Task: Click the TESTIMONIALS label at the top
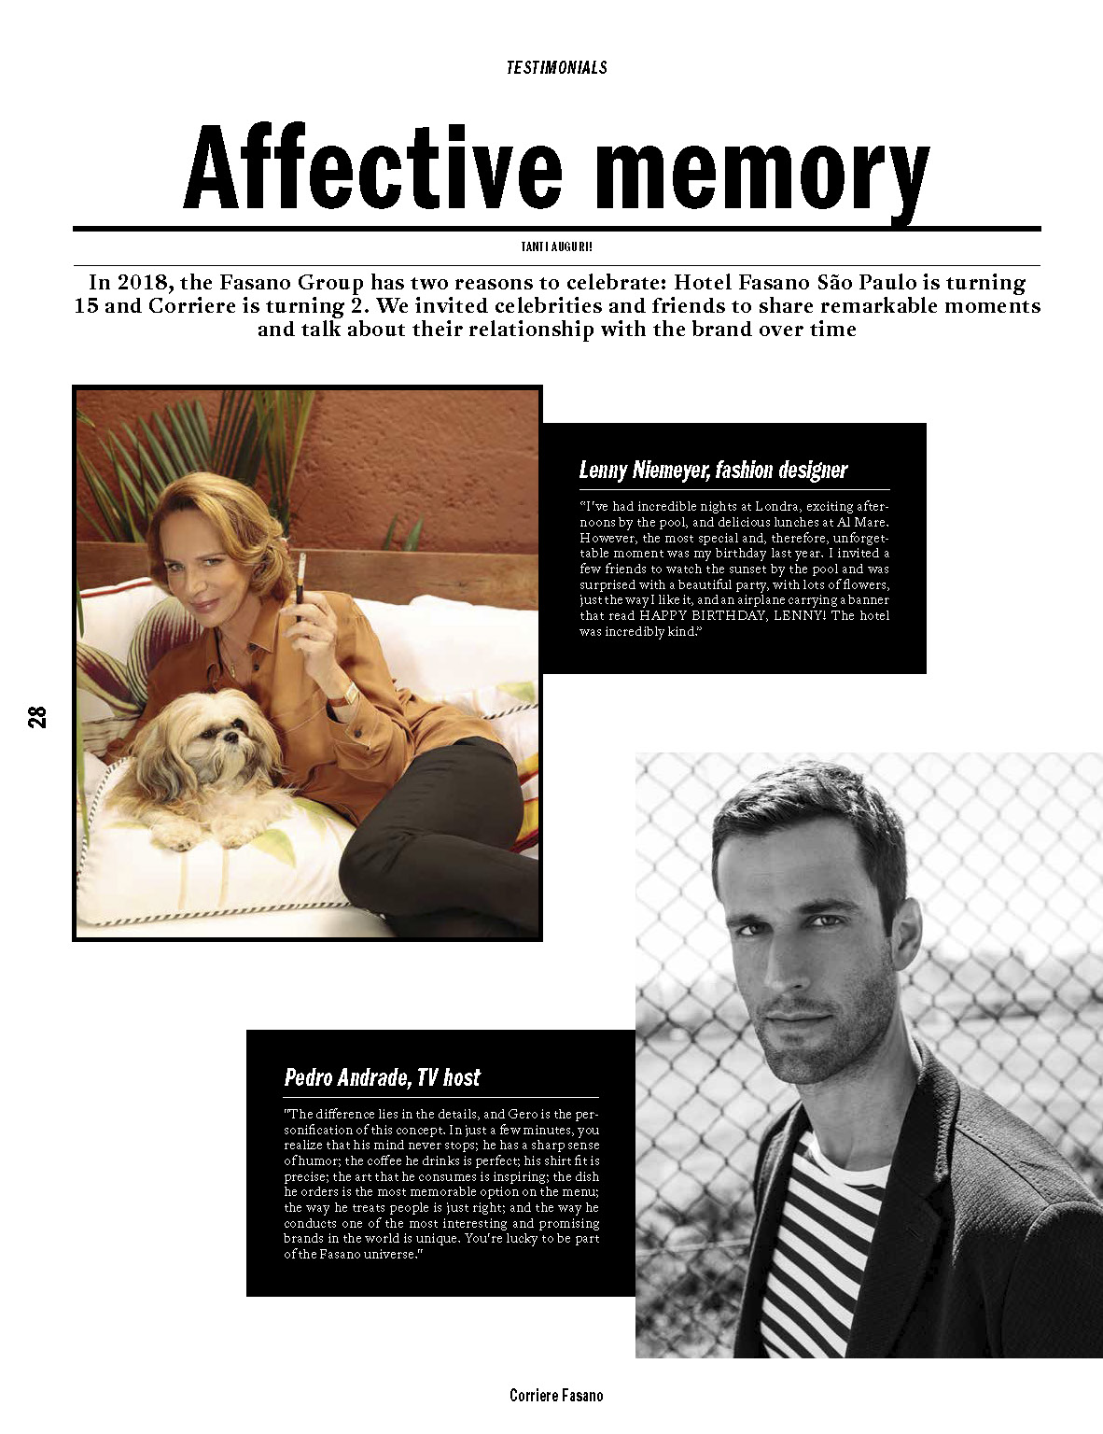click(556, 67)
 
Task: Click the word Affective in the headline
click(373, 168)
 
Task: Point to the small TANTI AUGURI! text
click(556, 247)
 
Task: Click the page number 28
click(37, 717)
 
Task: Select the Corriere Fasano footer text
click(556, 1396)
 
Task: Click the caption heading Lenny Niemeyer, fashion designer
click(713, 470)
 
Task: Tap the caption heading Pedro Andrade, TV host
click(382, 1077)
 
